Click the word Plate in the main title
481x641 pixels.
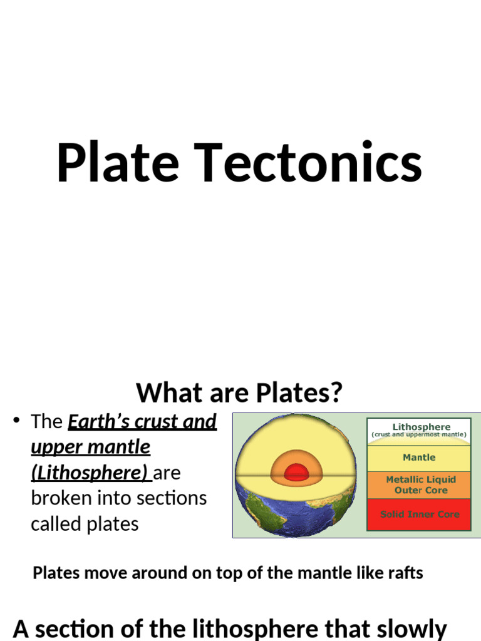click(117, 163)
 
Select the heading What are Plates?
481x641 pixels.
click(240, 393)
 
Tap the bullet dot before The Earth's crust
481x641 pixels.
click(17, 421)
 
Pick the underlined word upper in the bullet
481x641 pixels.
click(57, 448)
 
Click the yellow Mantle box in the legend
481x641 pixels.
click(419, 458)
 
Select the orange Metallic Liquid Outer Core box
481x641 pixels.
click(419, 485)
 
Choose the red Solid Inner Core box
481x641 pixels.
click(419, 515)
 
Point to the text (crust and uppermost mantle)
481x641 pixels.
click(419, 434)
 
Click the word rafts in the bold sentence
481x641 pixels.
click(405, 573)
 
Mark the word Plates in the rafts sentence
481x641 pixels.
click(55, 573)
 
